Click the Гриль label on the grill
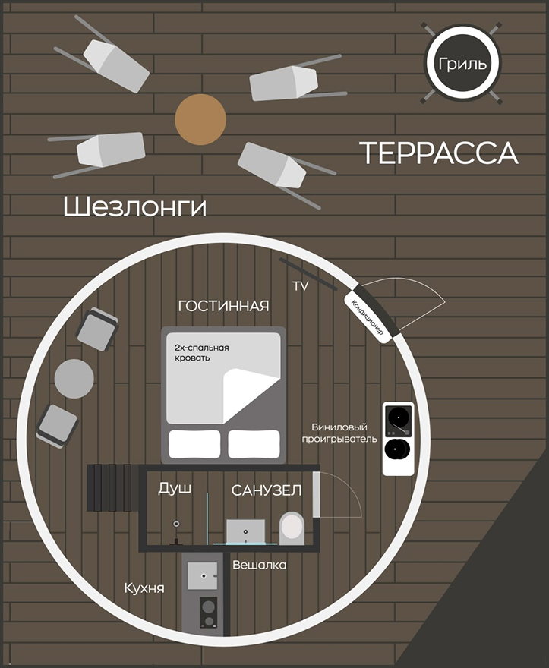pyautogui.click(x=462, y=64)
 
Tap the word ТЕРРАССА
pyautogui.click(x=439, y=153)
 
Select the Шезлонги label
pyautogui.click(x=134, y=207)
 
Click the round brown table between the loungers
pyautogui.click(x=200, y=119)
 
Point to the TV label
pyautogui.click(x=301, y=286)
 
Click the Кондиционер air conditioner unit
pyautogui.click(x=367, y=317)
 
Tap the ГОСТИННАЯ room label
pyautogui.click(x=224, y=306)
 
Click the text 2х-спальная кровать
pyautogui.click(x=202, y=353)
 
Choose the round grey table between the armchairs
pyautogui.click(x=74, y=379)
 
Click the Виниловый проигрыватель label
pyautogui.click(x=339, y=433)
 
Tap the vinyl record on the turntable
pyautogui.click(x=399, y=415)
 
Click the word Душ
pyautogui.click(x=175, y=488)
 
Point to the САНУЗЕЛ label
pyautogui.click(x=267, y=491)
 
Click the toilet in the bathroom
pyautogui.click(x=292, y=528)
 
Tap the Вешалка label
pyautogui.click(x=259, y=565)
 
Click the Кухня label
pyautogui.click(x=144, y=588)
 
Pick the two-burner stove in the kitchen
pyautogui.click(x=208, y=612)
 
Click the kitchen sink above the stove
pyautogui.click(x=203, y=576)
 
